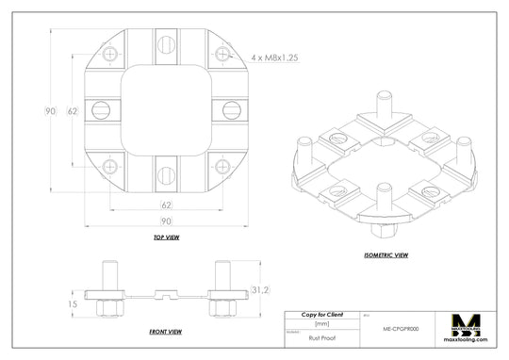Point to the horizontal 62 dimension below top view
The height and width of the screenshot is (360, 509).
[166, 204]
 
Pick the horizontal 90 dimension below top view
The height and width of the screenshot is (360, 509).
[166, 221]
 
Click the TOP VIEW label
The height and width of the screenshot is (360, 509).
[166, 237]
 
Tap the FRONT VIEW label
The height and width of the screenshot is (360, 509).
[166, 332]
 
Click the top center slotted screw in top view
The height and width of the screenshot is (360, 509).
[166, 41]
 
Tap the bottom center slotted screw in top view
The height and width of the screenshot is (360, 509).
[166, 174]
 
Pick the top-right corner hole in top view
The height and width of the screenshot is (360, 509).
[222, 55]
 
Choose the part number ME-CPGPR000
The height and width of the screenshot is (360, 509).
[400, 331]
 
